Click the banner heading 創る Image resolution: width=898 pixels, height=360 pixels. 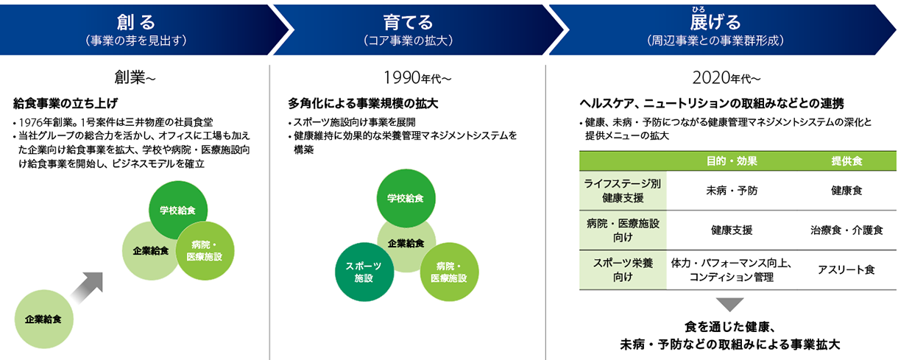(x=135, y=22)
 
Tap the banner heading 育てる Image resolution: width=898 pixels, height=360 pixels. (x=408, y=22)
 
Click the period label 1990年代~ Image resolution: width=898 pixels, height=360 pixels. (x=417, y=78)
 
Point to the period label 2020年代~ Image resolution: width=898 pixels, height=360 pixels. (x=726, y=78)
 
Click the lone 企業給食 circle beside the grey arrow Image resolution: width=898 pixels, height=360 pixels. (x=43, y=319)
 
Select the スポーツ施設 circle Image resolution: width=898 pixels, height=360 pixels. (x=364, y=272)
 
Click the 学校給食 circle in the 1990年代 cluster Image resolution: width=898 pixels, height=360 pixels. (x=406, y=198)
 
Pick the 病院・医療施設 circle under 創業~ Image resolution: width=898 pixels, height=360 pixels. (x=205, y=251)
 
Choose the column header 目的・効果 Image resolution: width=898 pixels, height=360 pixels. (x=732, y=161)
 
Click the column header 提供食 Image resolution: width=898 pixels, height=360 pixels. (x=846, y=161)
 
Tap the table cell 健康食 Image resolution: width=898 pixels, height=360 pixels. (x=846, y=191)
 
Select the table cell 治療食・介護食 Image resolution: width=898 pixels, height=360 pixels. (x=846, y=230)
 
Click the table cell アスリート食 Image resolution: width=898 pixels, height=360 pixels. (x=846, y=269)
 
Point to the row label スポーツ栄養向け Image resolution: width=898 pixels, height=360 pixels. (x=623, y=269)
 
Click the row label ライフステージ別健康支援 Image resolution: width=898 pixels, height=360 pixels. (x=623, y=191)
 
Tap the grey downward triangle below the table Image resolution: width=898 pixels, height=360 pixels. (x=729, y=303)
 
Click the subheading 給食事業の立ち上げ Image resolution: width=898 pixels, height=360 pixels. (x=66, y=103)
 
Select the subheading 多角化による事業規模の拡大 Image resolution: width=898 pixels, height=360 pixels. (x=363, y=103)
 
